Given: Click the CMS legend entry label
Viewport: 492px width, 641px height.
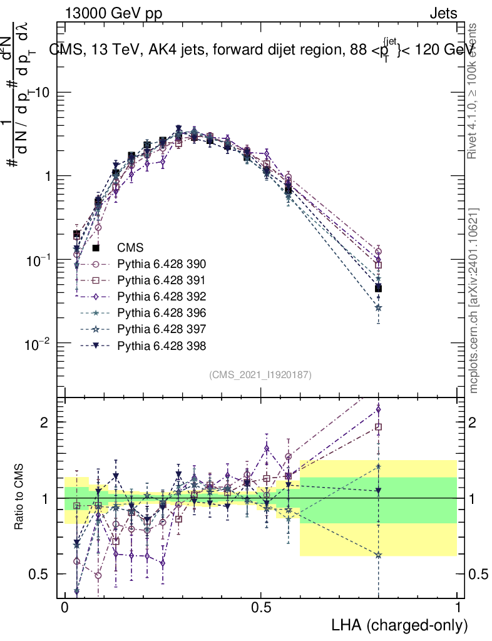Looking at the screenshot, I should (x=130, y=247).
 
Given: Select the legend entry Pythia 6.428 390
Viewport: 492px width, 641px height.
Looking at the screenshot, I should (x=161, y=264).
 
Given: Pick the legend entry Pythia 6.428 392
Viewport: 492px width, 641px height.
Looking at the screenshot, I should (x=161, y=296).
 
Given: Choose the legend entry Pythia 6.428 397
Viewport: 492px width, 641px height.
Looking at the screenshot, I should (x=161, y=329).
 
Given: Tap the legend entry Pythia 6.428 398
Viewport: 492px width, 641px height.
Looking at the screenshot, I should (x=161, y=345).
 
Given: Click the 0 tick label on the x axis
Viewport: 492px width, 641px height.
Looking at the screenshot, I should (x=64, y=608).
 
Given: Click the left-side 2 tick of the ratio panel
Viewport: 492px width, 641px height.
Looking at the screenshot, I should (x=47, y=422).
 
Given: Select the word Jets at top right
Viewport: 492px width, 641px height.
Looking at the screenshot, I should (x=443, y=14).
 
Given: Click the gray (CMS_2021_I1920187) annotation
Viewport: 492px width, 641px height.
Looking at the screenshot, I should (x=260, y=374).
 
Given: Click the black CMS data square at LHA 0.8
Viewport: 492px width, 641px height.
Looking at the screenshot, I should (x=378, y=288).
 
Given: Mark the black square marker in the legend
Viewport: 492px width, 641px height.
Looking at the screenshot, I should (x=96, y=248).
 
